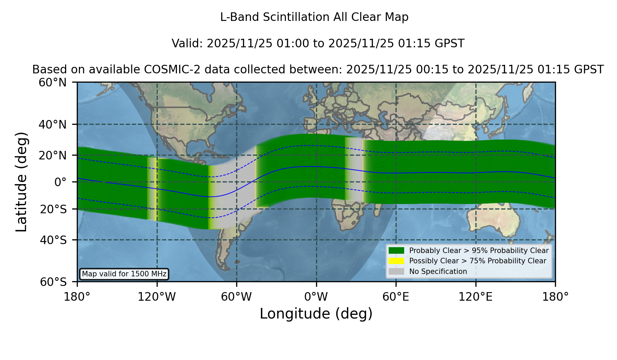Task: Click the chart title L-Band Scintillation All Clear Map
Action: [314, 17]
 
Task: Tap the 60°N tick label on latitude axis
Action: [52, 83]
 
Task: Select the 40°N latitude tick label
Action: [52, 124]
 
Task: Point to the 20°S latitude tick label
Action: [53, 209]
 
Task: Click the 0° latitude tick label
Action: [60, 182]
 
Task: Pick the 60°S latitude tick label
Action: [53, 282]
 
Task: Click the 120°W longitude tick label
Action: [157, 297]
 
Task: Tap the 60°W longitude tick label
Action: [237, 297]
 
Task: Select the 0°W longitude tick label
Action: [316, 297]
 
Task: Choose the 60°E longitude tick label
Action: [396, 297]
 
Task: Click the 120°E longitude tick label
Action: [475, 297]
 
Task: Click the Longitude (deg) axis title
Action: [316, 314]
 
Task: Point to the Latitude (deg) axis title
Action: [21, 182]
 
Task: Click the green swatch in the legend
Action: [397, 250]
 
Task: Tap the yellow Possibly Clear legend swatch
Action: [397, 261]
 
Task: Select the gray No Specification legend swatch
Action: [397, 272]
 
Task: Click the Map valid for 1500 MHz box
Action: [124, 274]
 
